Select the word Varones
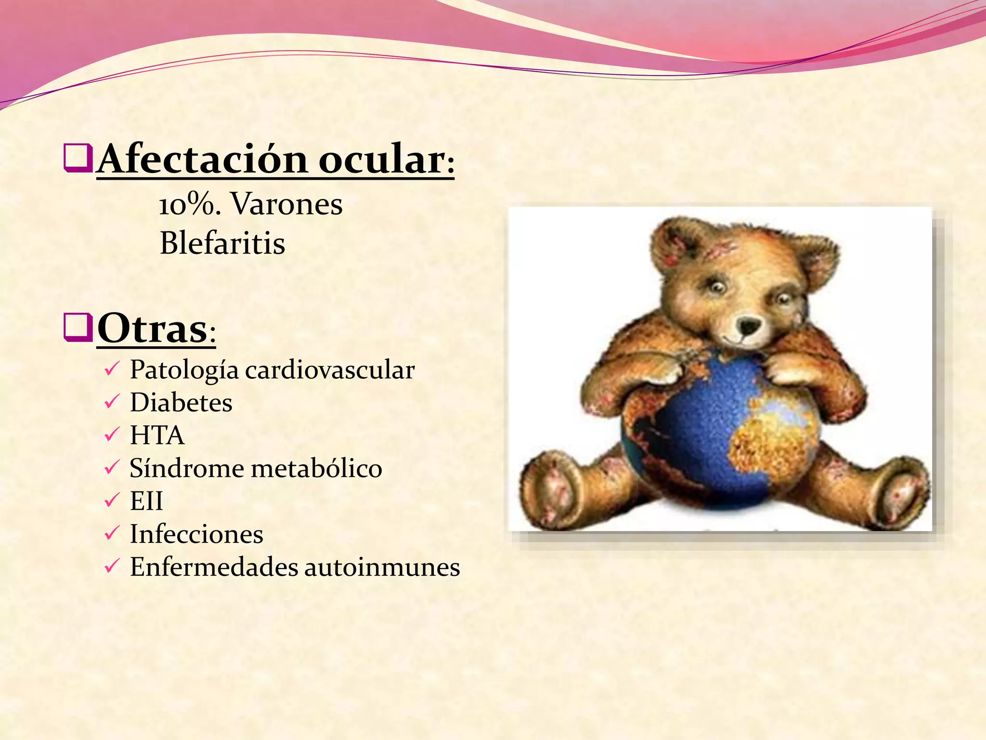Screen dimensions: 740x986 tap(287, 204)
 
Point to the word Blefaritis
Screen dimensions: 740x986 tap(222, 243)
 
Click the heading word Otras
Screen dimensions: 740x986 tap(152, 329)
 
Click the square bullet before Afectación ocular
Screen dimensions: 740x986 tap(78, 158)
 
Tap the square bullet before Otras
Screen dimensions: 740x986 tap(78, 327)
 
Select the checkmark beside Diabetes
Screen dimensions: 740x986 tap(111, 402)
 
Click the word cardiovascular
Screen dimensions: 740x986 tap(330, 370)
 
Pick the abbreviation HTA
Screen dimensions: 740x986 tap(157, 435)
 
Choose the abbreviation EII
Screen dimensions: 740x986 tap(146, 501)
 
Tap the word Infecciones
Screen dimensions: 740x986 tap(196, 534)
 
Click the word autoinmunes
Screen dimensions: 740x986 tap(382, 567)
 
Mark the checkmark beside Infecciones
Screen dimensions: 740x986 tap(111, 533)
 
